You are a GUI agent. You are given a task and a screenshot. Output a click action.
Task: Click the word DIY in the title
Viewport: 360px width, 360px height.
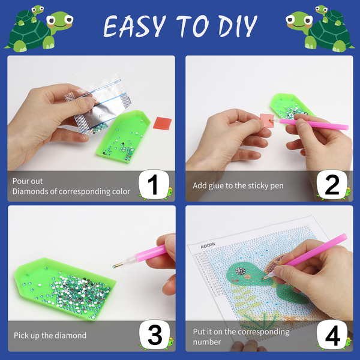pyautogui.click(x=238, y=26)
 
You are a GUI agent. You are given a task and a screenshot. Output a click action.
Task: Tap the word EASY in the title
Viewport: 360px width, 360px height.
pyautogui.click(x=135, y=26)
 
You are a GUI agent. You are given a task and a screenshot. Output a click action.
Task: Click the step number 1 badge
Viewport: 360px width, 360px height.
pyautogui.click(x=154, y=185)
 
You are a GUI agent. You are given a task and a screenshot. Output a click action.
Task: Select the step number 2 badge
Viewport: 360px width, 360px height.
pyautogui.click(x=332, y=185)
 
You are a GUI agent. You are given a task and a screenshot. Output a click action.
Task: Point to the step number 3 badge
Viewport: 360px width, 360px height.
pyautogui.click(x=155, y=335)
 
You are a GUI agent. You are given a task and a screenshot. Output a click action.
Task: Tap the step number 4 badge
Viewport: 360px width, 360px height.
pyautogui.click(x=332, y=335)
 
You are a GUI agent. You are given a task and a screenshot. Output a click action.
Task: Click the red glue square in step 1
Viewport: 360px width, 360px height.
pyautogui.click(x=163, y=123)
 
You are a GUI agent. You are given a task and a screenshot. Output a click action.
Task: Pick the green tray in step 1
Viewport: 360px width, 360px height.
pyautogui.click(x=123, y=136)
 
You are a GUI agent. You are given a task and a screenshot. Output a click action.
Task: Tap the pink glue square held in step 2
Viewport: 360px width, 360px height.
pyautogui.click(x=267, y=121)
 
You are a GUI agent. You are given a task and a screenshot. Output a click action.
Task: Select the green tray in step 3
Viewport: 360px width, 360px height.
pyautogui.click(x=65, y=289)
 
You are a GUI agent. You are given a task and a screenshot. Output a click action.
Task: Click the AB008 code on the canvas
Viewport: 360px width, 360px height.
pyautogui.click(x=208, y=245)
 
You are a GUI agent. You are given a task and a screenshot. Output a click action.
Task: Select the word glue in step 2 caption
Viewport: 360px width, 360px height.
pyautogui.click(x=216, y=186)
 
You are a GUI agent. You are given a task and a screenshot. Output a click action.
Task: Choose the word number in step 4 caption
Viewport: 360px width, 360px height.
pyautogui.click(x=207, y=342)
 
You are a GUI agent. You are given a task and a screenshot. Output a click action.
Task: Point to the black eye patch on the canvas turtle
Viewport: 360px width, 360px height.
pyautogui.click(x=240, y=271)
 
